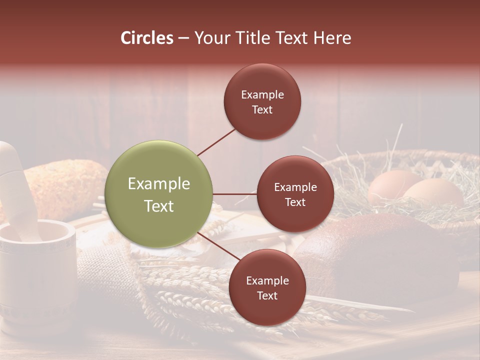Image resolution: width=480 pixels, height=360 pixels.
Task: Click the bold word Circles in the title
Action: [x=146, y=38]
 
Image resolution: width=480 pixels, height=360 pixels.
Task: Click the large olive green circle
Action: [x=158, y=194]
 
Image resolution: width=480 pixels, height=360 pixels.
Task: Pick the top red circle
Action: [x=262, y=101]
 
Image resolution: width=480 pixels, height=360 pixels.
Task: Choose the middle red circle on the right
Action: [x=295, y=194]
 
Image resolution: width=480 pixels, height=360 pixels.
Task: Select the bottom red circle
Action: [x=267, y=287]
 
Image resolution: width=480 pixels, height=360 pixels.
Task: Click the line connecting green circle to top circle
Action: [x=216, y=141]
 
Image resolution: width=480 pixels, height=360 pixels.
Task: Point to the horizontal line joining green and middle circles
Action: [x=234, y=194]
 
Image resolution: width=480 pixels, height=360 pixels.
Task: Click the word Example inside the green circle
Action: [x=158, y=184]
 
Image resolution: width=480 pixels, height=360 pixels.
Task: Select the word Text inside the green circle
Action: [x=158, y=206]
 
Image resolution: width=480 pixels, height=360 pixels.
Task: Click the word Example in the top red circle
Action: [x=262, y=94]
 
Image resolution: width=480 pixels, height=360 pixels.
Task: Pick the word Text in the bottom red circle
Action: [x=267, y=295]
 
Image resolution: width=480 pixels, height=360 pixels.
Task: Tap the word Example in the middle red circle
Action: [x=295, y=187]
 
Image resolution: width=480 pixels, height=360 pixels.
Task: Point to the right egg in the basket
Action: [x=433, y=192]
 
